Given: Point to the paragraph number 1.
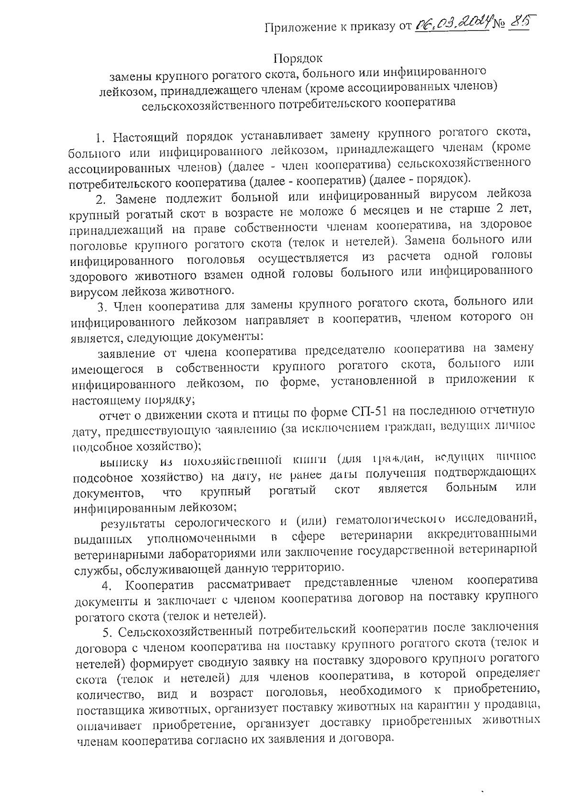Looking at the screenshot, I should click(x=99, y=139).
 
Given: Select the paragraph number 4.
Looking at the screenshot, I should click(x=107, y=585).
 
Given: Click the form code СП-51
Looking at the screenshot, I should click(x=369, y=411).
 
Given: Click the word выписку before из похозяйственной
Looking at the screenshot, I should click(x=122, y=461).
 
